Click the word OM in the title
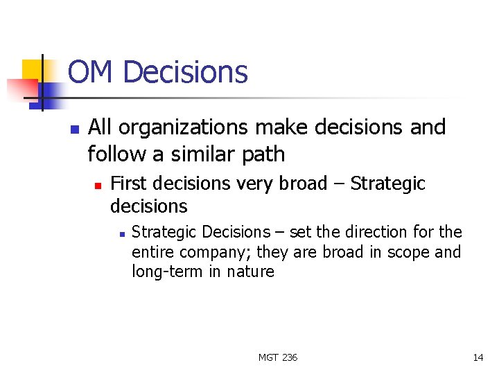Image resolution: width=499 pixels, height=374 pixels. [91, 72]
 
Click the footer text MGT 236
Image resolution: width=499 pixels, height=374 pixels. [278, 357]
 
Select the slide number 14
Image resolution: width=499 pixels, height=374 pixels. [478, 357]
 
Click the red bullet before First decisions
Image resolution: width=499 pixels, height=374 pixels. [98, 185]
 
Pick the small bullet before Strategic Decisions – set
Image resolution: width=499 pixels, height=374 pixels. [121, 233]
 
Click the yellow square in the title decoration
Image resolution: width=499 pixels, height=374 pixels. [33, 70]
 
